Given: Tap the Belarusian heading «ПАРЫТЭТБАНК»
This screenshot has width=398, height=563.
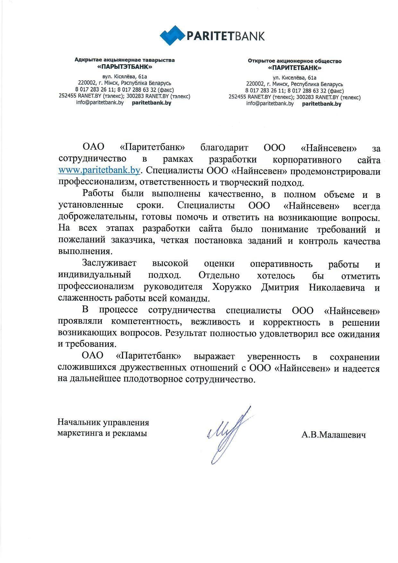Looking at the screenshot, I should pos(125,67).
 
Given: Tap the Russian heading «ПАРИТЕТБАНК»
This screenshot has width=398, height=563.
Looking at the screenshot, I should pos(295,68).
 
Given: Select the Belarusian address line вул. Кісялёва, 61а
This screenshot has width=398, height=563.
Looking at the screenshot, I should pos(125,77).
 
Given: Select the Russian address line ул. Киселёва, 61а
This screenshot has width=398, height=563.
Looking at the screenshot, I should pos(295,78).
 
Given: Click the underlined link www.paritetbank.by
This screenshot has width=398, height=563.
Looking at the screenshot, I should pos(99,170).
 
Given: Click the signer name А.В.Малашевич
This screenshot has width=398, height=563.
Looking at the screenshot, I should pos(333,435).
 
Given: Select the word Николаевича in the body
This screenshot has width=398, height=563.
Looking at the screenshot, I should pos(337,287).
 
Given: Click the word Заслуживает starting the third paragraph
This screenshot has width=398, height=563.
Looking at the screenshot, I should pos(109,263).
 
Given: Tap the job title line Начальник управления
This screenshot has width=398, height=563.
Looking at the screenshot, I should pos(103,422).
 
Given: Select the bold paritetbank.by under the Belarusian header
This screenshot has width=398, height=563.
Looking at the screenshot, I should pos(151,103).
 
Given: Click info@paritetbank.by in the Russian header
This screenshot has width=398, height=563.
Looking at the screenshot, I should pos(270,104).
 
